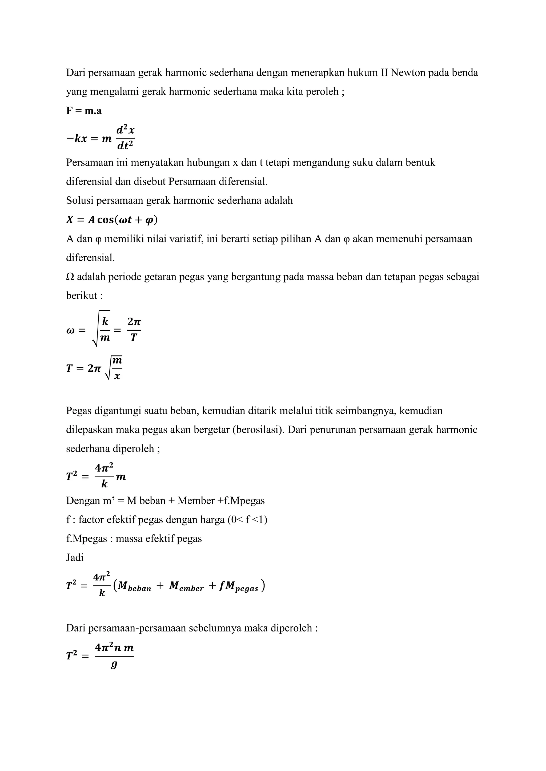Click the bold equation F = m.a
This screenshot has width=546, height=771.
pyautogui.click(x=84, y=110)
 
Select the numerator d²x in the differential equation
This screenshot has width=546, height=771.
pyautogui.click(x=126, y=130)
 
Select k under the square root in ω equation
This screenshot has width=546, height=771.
pyautogui.click(x=105, y=322)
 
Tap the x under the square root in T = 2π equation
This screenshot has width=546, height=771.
pyautogui.click(x=117, y=376)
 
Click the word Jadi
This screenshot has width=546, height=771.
pyautogui.click(x=75, y=557)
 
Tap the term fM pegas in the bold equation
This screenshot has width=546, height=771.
pyautogui.click(x=238, y=586)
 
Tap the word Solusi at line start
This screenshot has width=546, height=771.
pyautogui.click(x=80, y=200)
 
